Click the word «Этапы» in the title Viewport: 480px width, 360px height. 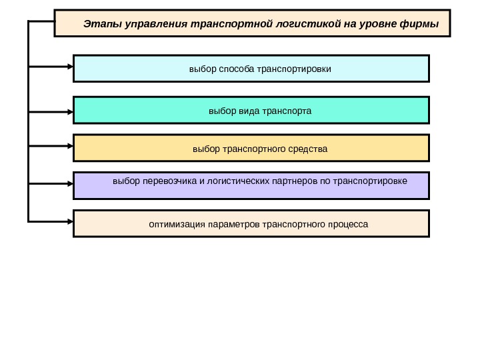coord(98,25)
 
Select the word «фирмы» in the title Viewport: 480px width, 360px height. coord(421,25)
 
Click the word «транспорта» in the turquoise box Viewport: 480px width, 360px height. coord(287,110)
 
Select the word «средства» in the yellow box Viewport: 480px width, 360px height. coord(309,148)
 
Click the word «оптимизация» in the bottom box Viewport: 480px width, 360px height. coord(177,224)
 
